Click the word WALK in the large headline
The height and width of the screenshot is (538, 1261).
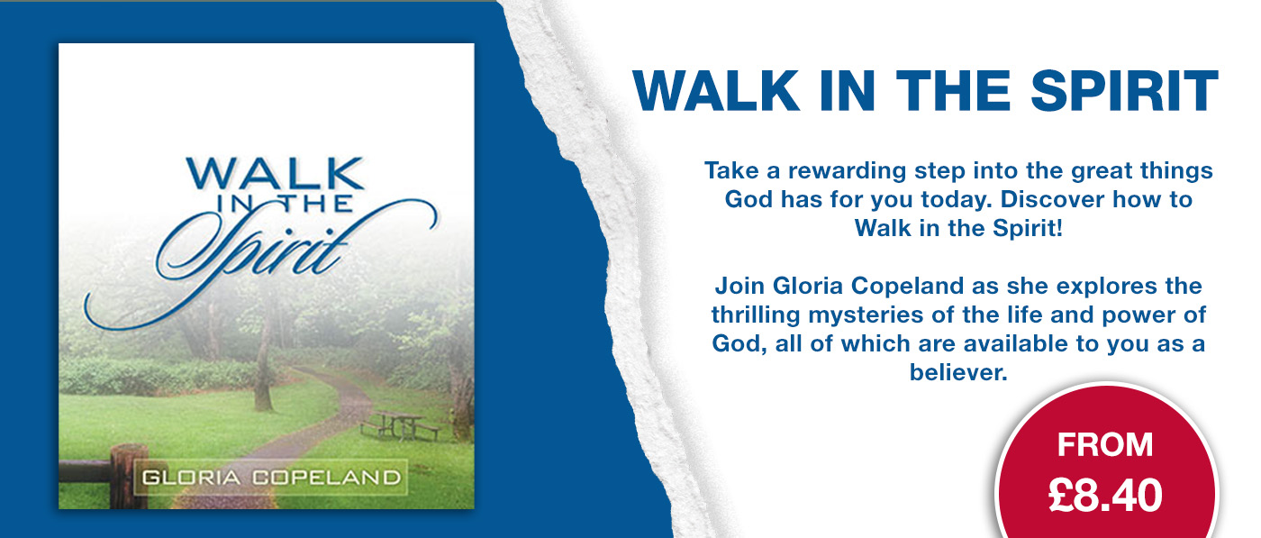[716, 91]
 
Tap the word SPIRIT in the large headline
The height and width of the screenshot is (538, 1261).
[1124, 91]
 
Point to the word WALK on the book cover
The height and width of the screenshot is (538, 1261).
[276, 174]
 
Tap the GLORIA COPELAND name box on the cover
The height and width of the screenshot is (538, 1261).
[271, 477]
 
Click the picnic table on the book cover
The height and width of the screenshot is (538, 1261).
[400, 425]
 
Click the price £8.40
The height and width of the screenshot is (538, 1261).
[1105, 495]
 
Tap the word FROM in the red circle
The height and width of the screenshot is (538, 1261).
[1105, 444]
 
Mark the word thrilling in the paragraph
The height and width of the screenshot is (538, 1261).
[756, 315]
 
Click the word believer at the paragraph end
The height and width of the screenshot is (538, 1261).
[958, 372]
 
